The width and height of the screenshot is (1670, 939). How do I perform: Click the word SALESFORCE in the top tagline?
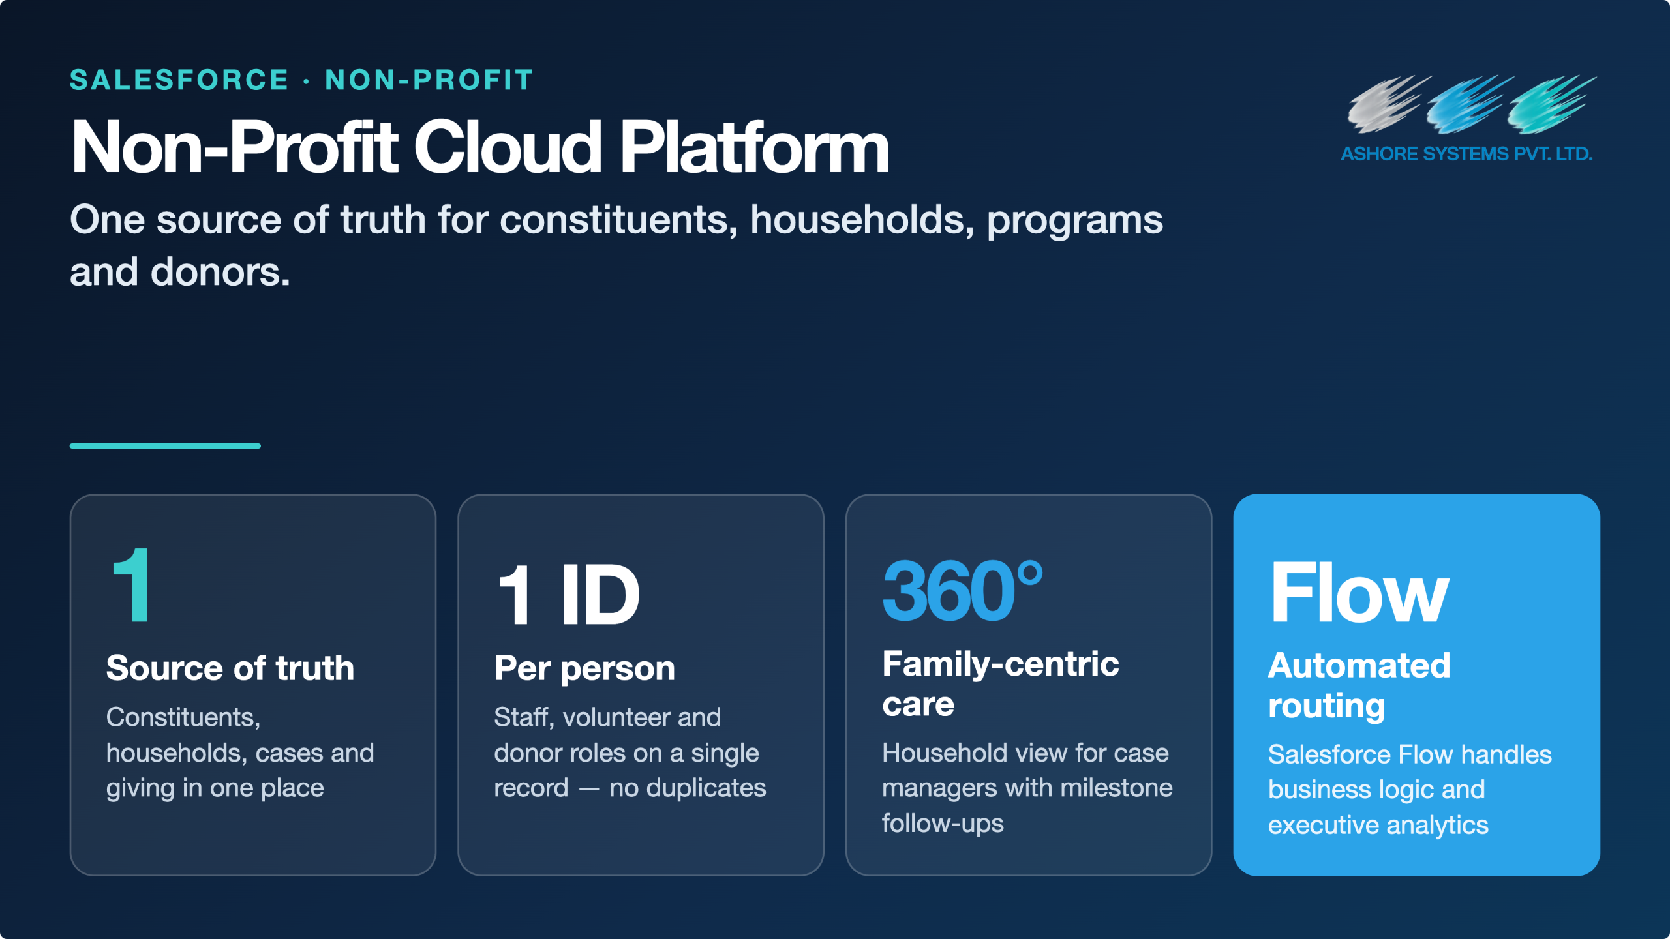179,80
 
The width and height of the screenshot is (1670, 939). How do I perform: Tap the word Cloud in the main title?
508,147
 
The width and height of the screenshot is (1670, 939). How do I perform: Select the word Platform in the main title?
755,147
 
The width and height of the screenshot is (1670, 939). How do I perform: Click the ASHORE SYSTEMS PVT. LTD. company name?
1466,154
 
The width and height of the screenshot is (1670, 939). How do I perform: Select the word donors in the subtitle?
220,272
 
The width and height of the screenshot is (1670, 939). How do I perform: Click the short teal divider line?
165,446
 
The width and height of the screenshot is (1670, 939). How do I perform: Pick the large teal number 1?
132,585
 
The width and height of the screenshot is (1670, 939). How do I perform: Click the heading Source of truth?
230,668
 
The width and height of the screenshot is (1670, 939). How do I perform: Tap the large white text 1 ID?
568,594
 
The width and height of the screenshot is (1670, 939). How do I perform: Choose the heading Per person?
584,668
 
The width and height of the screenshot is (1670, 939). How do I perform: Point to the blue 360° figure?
963,591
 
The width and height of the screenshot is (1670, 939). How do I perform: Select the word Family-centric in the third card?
1001,664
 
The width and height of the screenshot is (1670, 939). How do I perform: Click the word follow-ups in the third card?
943,824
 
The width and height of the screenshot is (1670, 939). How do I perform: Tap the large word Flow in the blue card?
1359,593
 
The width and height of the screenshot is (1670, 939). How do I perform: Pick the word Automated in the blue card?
1359,666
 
